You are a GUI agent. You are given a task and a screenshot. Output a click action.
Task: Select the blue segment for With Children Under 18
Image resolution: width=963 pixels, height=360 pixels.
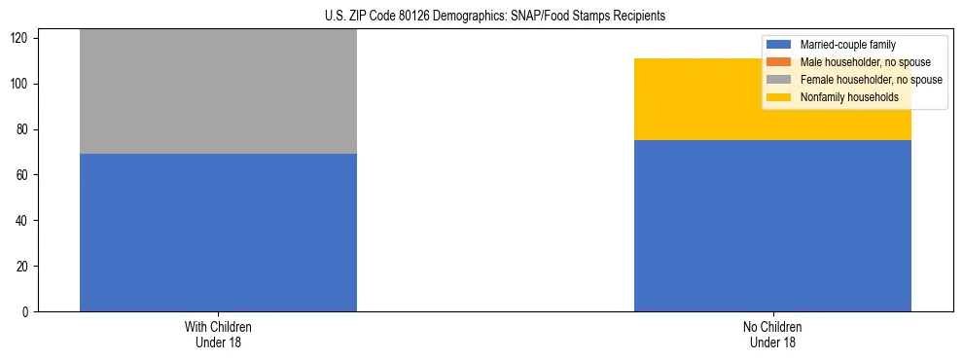tap(218, 233)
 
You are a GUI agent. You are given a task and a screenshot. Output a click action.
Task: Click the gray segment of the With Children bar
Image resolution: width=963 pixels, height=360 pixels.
tap(218, 91)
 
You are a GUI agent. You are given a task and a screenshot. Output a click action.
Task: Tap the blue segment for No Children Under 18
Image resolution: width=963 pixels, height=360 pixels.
tap(772, 226)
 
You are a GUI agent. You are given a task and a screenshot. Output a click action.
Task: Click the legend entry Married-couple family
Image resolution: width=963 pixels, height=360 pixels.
tap(847, 45)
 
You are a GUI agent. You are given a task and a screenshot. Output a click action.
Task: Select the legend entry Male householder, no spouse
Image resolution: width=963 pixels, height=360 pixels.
tap(865, 62)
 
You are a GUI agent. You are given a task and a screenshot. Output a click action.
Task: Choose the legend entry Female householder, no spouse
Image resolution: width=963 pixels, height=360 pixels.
tap(871, 80)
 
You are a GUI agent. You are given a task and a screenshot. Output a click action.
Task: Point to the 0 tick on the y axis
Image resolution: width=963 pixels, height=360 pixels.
tap(28, 312)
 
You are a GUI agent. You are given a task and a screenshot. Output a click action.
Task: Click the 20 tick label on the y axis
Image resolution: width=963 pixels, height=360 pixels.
tap(25, 267)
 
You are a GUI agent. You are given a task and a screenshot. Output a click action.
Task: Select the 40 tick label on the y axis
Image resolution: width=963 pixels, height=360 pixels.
tap(25, 221)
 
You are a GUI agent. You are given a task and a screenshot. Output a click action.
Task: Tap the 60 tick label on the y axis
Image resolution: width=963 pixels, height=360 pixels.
tap(25, 175)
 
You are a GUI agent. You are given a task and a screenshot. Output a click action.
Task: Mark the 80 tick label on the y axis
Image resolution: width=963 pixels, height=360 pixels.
tap(25, 129)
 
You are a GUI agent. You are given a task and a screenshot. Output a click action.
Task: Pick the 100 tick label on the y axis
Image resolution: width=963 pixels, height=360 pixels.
tap(22, 85)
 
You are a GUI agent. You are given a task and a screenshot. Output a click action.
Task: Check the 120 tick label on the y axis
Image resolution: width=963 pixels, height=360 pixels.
tap(22, 39)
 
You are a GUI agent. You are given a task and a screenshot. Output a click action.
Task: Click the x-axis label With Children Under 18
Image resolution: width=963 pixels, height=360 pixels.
tap(218, 334)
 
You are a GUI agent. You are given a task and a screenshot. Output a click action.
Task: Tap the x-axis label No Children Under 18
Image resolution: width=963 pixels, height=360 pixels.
tap(772, 334)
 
